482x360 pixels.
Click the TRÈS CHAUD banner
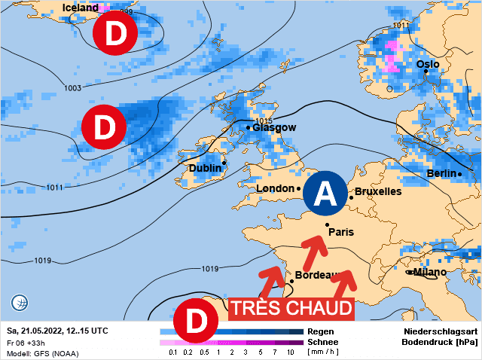(x=291, y=308)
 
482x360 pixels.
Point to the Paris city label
(x=341, y=232)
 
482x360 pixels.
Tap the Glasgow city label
(x=275, y=127)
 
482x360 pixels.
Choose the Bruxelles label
(x=378, y=191)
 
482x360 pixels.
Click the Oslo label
(x=427, y=65)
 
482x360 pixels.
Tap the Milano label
(x=430, y=272)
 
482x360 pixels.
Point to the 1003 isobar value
(x=72, y=88)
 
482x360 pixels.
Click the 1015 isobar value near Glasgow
(x=263, y=121)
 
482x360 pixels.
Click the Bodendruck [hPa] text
(x=441, y=342)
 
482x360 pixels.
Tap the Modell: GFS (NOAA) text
(x=42, y=353)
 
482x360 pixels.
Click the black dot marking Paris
(x=327, y=224)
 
